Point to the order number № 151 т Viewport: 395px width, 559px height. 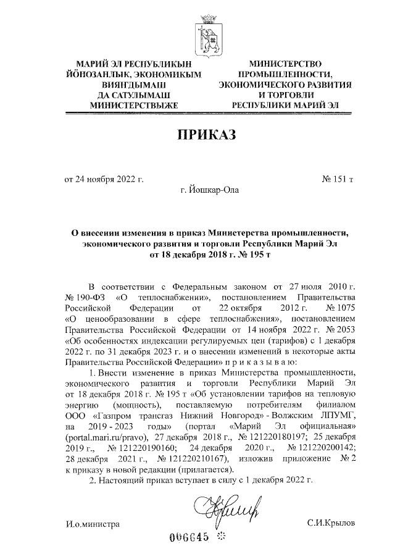(338, 180)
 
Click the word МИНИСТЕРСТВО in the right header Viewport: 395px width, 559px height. (286, 64)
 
